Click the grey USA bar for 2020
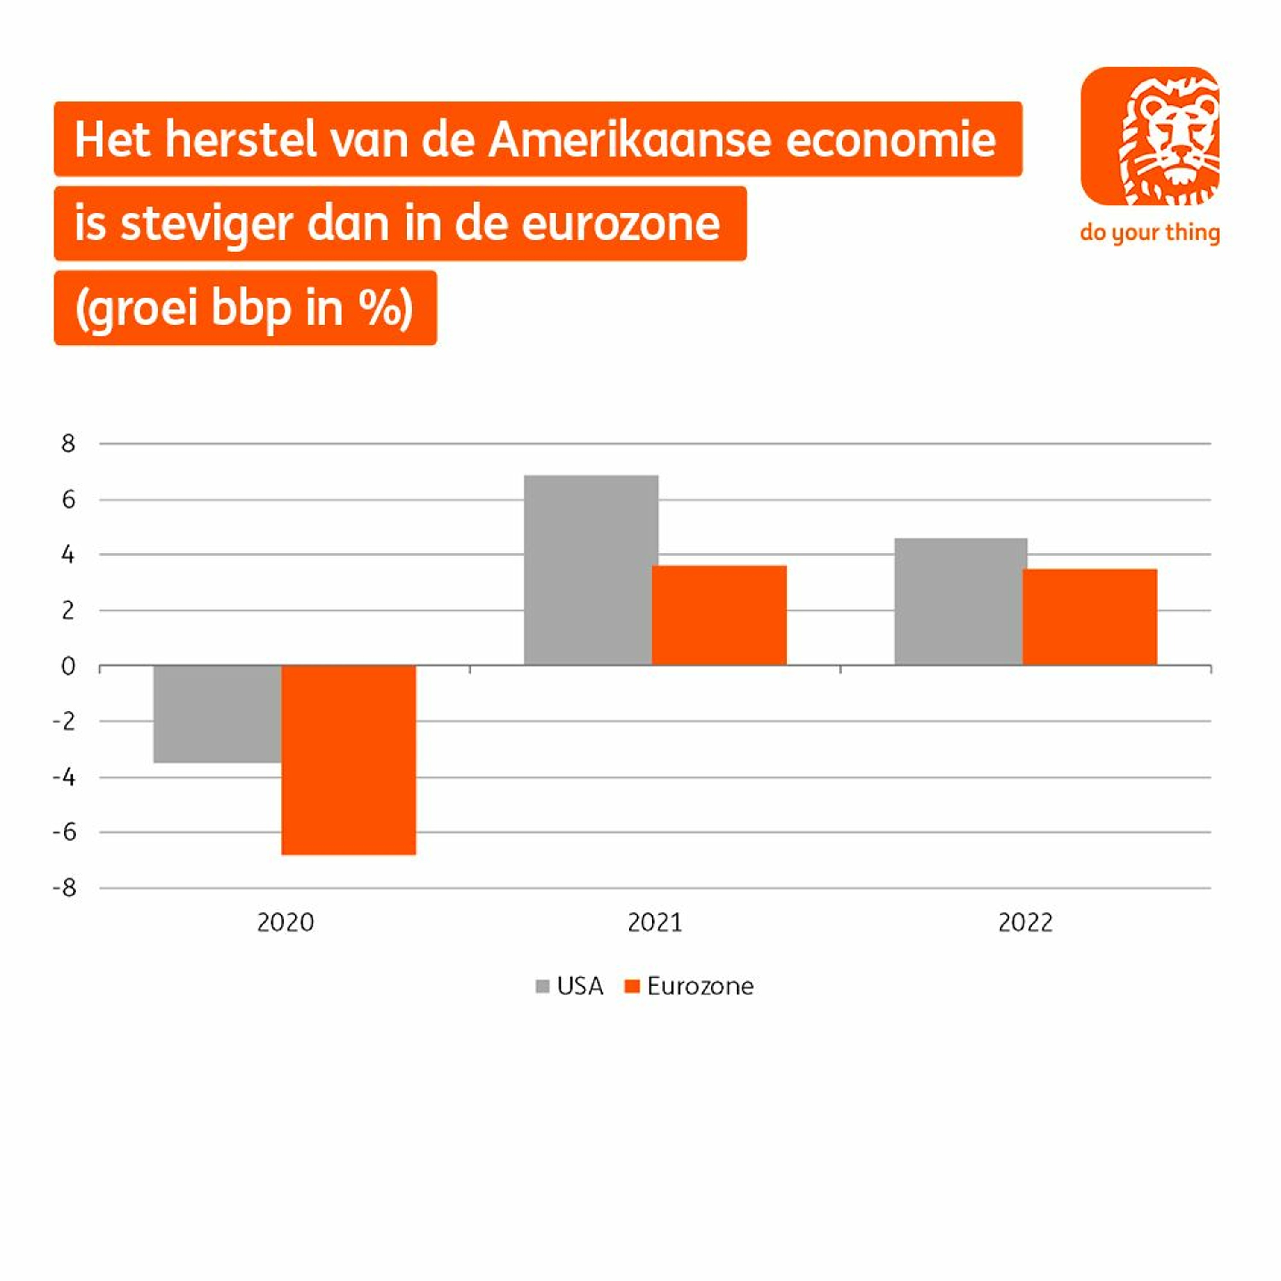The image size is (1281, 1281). tap(217, 714)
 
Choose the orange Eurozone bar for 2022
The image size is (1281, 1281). tap(1089, 617)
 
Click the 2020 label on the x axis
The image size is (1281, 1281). tap(285, 922)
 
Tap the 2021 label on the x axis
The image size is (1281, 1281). tap(655, 922)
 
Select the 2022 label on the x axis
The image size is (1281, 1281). tap(1025, 922)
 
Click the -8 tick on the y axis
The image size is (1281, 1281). tap(64, 888)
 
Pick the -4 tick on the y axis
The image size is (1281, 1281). tap(64, 777)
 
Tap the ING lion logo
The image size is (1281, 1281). tap(1150, 136)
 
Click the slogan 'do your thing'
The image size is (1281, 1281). tap(1150, 233)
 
